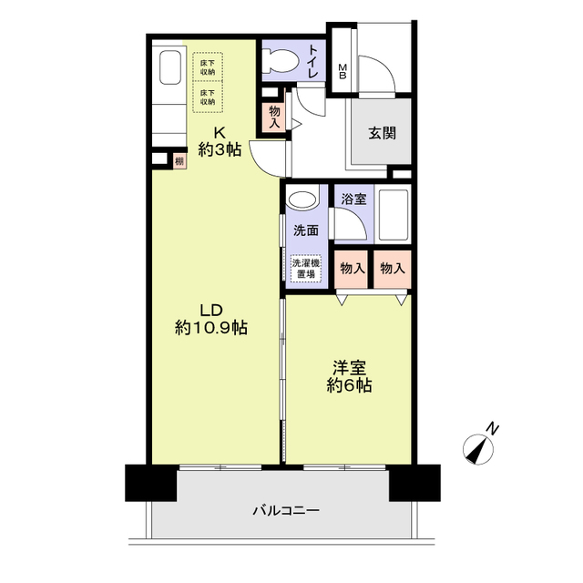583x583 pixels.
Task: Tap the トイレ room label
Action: tap(312, 61)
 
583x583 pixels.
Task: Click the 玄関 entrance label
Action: tap(382, 132)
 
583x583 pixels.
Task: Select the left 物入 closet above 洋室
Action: tap(353, 269)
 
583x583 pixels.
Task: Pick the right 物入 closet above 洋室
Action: tap(393, 269)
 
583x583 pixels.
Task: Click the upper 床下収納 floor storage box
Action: tap(208, 66)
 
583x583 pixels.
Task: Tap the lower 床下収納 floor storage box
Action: tap(208, 97)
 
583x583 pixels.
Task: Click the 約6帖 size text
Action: tap(350, 385)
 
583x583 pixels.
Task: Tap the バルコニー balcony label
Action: tap(285, 511)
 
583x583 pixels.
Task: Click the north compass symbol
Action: tap(480, 446)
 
